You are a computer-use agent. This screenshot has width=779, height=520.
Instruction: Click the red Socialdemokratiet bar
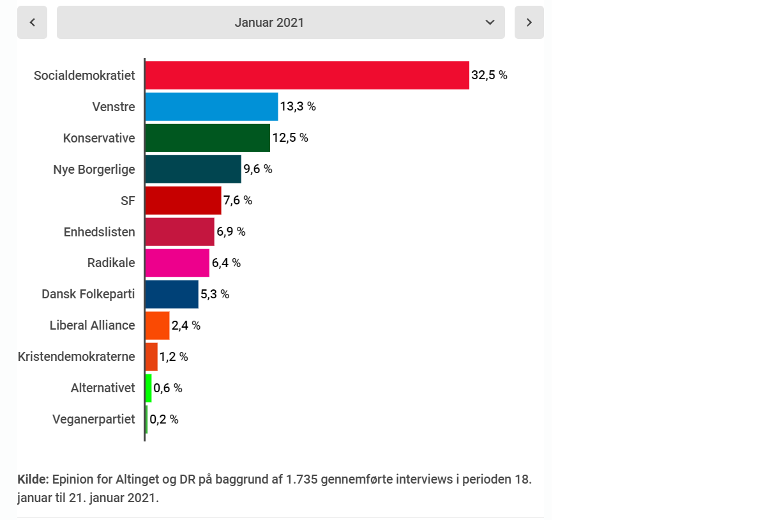click(x=306, y=75)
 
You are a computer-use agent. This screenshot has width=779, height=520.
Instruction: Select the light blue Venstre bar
click(x=211, y=107)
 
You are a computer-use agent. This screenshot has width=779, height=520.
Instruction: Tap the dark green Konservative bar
click(x=208, y=138)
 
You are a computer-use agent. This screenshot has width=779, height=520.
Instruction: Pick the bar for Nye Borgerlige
click(x=193, y=169)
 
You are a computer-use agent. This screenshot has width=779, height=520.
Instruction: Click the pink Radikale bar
click(x=177, y=263)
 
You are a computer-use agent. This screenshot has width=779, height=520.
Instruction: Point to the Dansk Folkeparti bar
click(x=172, y=294)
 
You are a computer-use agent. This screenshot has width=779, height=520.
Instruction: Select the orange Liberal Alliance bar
click(x=157, y=326)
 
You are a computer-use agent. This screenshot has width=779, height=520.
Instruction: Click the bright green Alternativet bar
click(x=149, y=388)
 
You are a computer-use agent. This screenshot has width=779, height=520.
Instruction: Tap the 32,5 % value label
click(x=489, y=75)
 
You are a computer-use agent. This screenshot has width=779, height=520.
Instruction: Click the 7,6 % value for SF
click(x=238, y=201)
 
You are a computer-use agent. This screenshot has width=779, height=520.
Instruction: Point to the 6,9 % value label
click(x=231, y=232)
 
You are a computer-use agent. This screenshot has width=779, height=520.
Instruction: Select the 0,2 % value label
click(x=164, y=420)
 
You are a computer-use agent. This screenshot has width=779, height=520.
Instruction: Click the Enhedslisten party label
click(x=100, y=232)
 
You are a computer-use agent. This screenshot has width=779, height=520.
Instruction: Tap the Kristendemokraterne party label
click(x=77, y=357)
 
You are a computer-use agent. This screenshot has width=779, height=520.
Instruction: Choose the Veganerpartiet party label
click(x=94, y=420)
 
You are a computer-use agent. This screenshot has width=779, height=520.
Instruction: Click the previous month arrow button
click(x=32, y=22)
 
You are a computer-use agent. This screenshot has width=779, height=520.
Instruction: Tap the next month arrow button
click(x=529, y=22)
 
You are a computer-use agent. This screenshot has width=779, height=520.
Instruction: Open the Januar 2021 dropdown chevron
click(x=490, y=22)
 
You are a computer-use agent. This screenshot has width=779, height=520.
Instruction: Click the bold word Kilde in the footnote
click(x=33, y=480)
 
